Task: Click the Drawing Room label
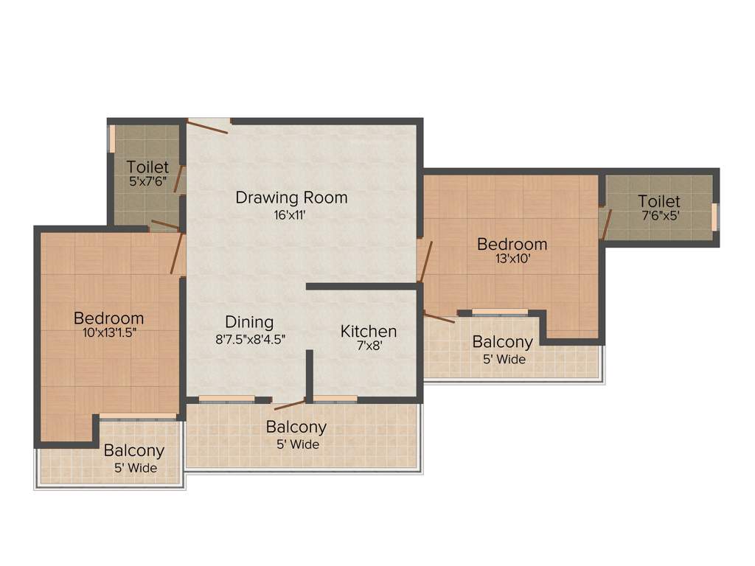coord(291,198)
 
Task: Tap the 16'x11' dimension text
coord(291,216)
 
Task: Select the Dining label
coord(249,322)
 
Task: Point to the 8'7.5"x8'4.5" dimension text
coord(249,340)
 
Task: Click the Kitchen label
coord(368,332)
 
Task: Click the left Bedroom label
coord(108,318)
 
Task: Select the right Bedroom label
coord(512,244)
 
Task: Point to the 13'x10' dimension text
coord(512,259)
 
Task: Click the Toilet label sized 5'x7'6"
coord(147,167)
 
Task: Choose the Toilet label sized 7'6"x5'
coord(659,201)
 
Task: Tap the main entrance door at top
coord(208,126)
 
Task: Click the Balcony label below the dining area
coord(296,427)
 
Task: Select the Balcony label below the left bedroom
coord(133,451)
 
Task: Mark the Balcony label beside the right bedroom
coord(502,342)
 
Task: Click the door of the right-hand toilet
coord(606,224)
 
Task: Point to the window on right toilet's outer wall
coord(714,217)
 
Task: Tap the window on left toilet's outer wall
coord(112,139)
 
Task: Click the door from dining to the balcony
coord(290,404)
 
